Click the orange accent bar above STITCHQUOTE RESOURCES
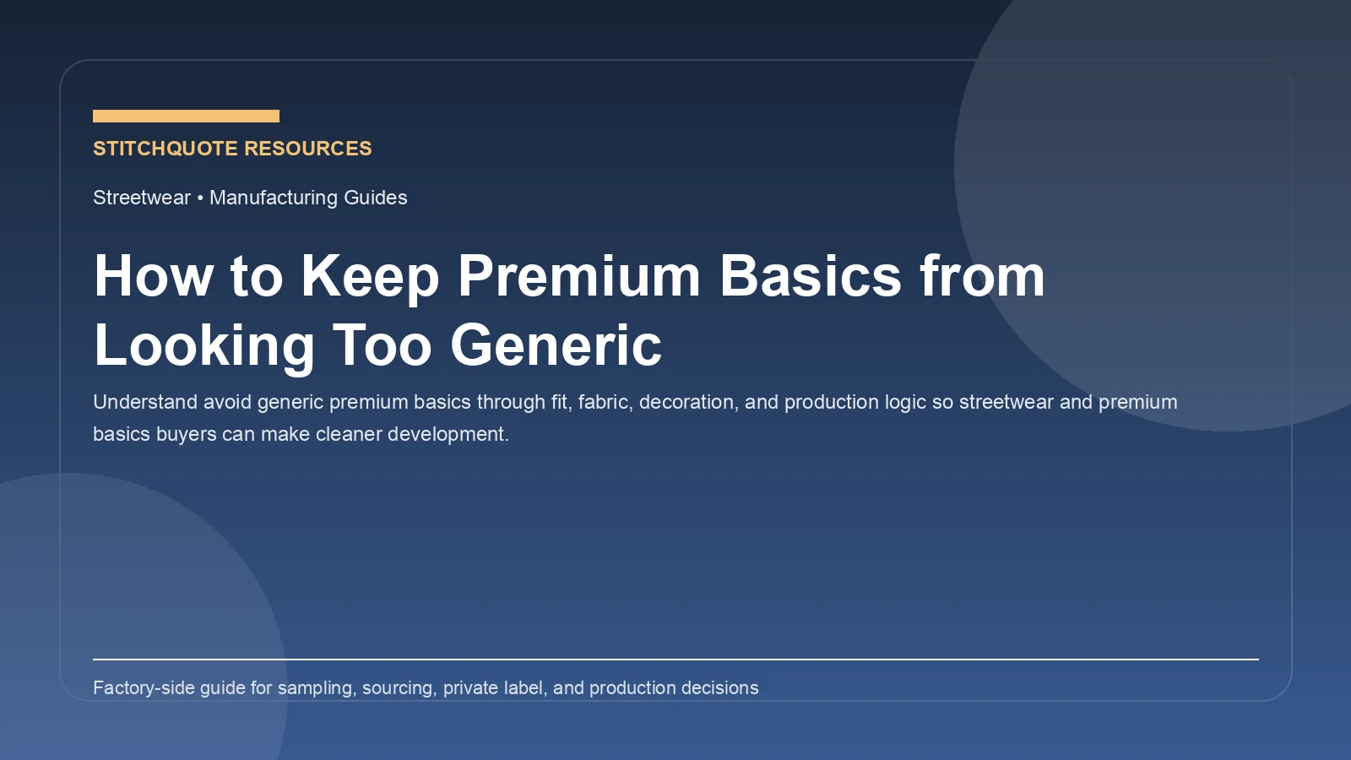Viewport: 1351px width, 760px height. [186, 116]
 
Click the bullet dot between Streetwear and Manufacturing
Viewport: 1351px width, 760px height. [200, 198]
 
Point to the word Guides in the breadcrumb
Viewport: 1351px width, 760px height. [376, 198]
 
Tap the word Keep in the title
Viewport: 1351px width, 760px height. [370, 276]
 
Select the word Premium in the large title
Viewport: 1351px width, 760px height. [579, 276]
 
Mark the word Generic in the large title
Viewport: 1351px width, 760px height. [556, 345]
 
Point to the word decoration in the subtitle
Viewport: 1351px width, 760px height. [686, 402]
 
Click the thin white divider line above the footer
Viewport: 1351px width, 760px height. [675, 659]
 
